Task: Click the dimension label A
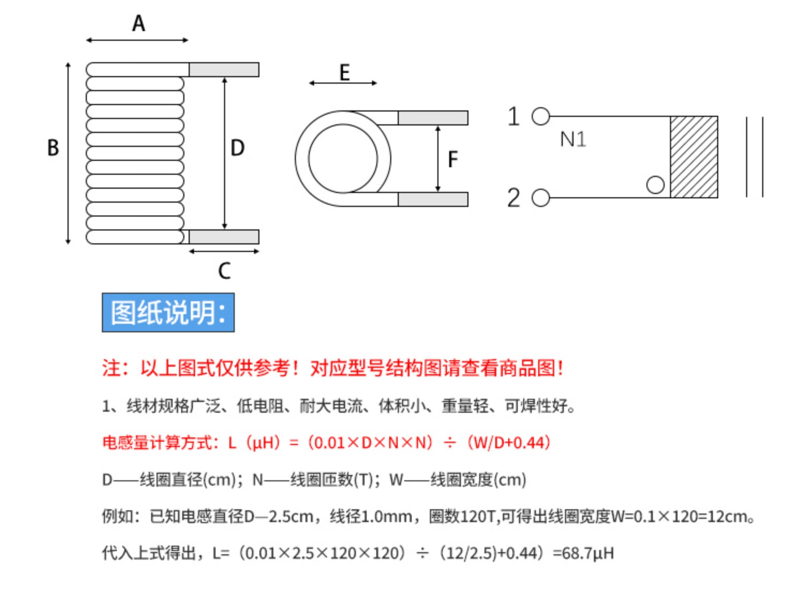[x=138, y=24]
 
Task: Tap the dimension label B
[x=53, y=148]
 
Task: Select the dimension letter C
[x=224, y=271]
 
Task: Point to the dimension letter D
[x=237, y=148]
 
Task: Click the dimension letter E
[x=344, y=72]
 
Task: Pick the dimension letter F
[x=453, y=159]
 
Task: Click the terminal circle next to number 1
[x=541, y=116]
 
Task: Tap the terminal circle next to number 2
[x=541, y=198]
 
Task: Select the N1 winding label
[x=572, y=140]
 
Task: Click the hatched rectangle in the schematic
[x=694, y=157]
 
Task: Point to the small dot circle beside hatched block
[x=655, y=185]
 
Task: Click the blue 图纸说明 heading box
[x=168, y=313]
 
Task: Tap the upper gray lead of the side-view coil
[x=224, y=70]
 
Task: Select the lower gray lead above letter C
[x=224, y=236]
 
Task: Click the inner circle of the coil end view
[x=343, y=158]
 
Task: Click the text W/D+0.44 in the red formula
[x=509, y=443]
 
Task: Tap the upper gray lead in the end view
[x=433, y=117]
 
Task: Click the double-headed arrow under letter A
[x=137, y=40]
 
